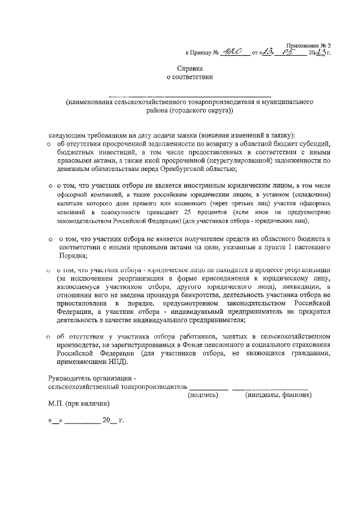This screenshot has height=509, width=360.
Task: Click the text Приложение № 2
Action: coord(308,45)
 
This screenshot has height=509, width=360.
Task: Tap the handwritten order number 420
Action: coord(232,53)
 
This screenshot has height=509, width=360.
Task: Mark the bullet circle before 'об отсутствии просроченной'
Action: coord(49,144)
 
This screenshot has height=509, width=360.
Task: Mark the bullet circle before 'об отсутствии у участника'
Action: coord(49,336)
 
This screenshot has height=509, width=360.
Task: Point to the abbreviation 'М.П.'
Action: coord(56,404)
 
